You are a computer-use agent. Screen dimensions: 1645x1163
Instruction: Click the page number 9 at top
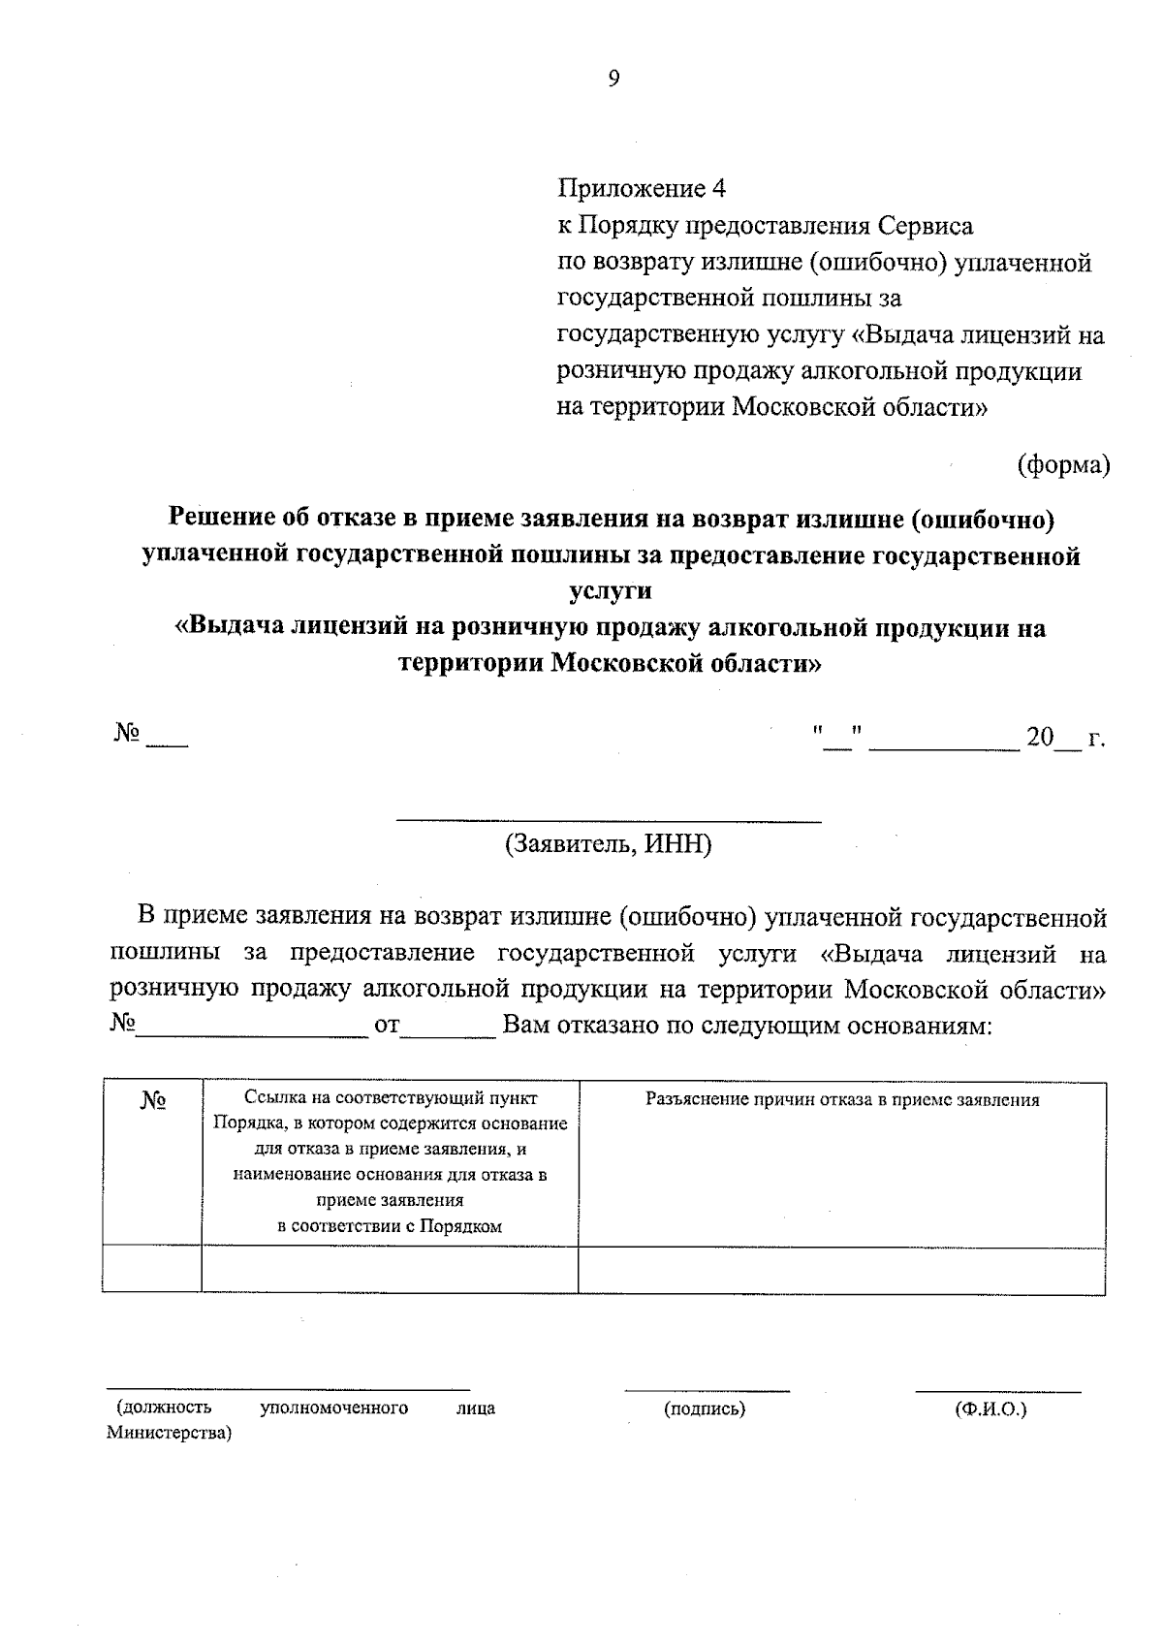click(613, 79)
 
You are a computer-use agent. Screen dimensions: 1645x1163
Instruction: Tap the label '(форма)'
click(1062, 465)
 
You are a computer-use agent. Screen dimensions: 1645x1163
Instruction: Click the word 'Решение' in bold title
click(221, 518)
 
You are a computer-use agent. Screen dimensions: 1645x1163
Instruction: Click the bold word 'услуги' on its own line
click(610, 590)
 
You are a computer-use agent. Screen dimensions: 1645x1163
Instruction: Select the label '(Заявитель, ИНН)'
click(609, 844)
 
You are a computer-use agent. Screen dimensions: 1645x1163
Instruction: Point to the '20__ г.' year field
click(1064, 739)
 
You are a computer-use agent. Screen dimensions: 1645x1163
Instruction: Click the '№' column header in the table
click(152, 1101)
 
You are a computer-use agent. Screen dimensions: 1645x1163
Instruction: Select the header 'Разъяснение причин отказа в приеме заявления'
click(842, 1100)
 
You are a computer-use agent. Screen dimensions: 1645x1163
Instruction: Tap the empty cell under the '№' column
click(152, 1269)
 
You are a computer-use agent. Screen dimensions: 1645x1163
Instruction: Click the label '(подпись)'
click(705, 1409)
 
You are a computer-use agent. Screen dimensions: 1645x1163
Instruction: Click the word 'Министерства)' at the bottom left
click(169, 1433)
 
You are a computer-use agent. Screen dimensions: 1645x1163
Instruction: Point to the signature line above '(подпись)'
click(707, 1391)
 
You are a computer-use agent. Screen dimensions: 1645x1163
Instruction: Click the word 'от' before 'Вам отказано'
click(387, 1026)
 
